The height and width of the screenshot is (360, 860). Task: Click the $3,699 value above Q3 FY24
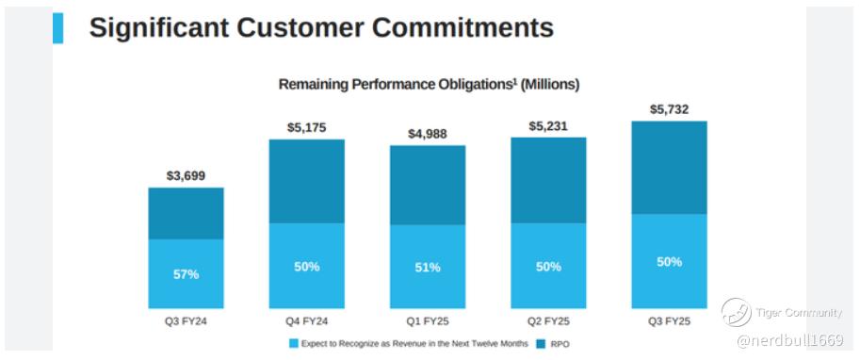(186, 176)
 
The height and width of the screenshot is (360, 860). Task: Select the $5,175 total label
(306, 128)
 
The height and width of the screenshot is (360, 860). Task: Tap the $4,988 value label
(428, 134)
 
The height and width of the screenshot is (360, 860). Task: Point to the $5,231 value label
(548, 126)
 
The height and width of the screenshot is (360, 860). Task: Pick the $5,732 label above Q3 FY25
(669, 109)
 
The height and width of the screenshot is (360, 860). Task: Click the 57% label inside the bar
(186, 274)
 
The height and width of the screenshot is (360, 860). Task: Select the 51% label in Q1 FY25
(428, 268)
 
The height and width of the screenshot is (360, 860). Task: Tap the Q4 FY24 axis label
(306, 321)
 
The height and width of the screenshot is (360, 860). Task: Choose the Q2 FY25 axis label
(548, 321)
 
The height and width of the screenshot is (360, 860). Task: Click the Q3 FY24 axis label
(186, 321)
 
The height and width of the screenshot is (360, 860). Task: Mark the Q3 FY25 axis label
(669, 321)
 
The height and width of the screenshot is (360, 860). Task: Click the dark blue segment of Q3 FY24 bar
(186, 214)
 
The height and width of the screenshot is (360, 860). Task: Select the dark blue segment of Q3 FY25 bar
(669, 168)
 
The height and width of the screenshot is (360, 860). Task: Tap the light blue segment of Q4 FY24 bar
(306, 266)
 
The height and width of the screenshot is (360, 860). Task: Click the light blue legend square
(294, 344)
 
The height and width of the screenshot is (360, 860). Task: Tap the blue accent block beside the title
(57, 28)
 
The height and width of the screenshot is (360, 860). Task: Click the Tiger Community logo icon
(736, 313)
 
